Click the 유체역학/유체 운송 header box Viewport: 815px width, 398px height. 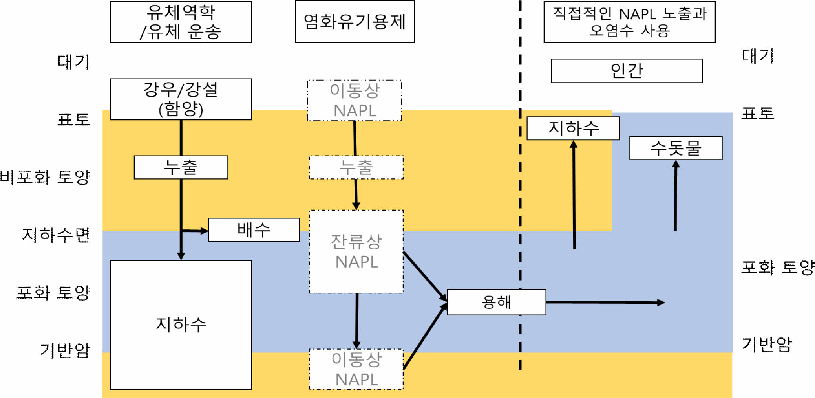181,22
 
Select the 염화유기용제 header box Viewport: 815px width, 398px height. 355,22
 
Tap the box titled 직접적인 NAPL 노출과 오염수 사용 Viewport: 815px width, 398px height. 629,22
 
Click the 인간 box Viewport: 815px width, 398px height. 627,71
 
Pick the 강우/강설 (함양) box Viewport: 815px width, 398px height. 181,99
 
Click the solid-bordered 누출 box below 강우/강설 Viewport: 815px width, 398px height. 181,167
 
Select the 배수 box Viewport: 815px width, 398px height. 254,230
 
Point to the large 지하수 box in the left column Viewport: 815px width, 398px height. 181,325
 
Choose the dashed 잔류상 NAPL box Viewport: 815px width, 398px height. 356,251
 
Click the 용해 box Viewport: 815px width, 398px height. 496,302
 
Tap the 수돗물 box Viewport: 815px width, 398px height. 676,148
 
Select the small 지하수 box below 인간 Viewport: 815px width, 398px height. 573,128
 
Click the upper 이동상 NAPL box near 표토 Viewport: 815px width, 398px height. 355,101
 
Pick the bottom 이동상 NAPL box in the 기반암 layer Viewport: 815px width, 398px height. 356,369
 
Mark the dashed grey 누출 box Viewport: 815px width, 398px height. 356,167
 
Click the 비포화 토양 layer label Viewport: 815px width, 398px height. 45,177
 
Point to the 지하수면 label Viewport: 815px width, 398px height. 56,235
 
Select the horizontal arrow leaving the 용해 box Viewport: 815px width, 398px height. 605,303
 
